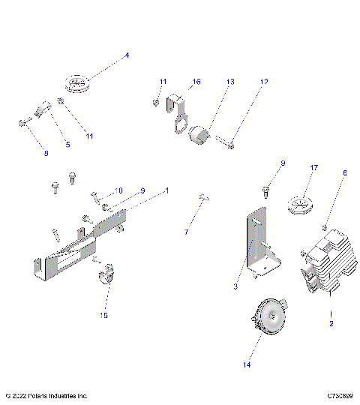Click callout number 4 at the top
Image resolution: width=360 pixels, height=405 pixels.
[127, 55]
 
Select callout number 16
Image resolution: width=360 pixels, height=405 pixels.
[196, 81]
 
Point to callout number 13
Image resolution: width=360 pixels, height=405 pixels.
[229, 81]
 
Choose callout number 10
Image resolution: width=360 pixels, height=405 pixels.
[118, 190]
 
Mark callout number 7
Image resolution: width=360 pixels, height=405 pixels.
[186, 232]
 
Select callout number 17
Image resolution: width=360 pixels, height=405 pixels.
[315, 168]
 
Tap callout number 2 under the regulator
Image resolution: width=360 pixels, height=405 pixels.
[331, 323]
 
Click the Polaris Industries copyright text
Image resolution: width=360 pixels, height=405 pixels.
[46, 395]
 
